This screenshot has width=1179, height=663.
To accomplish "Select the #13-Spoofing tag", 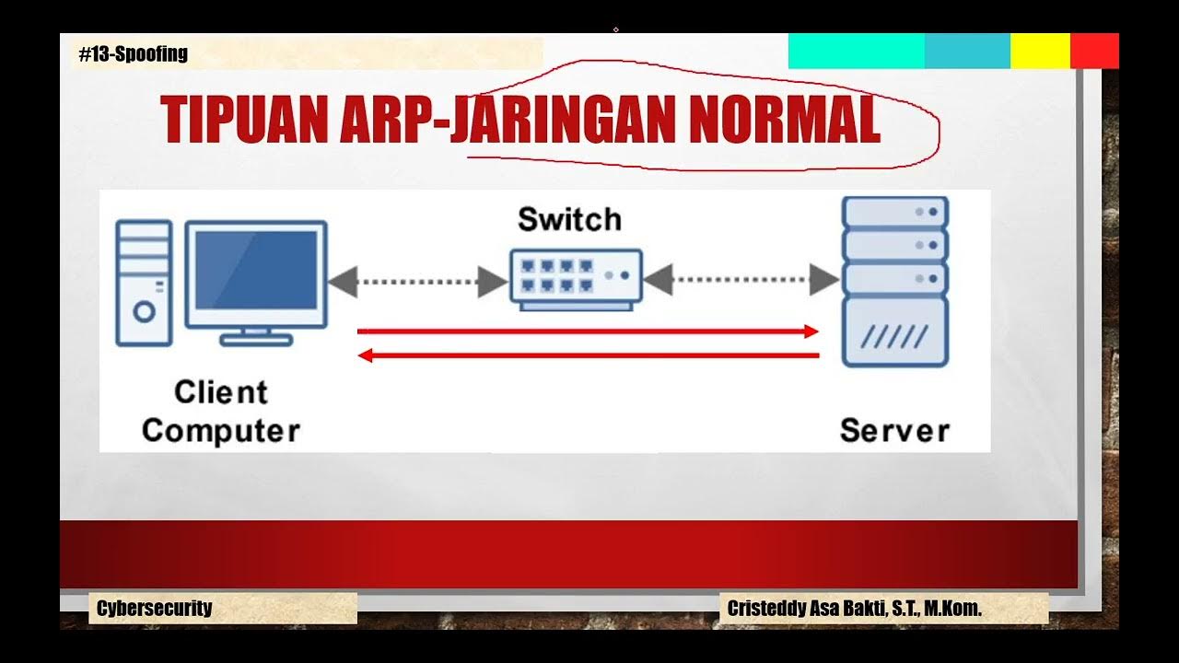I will click(133, 53).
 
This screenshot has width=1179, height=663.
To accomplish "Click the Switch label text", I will click(569, 219).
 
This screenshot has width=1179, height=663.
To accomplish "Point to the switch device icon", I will click(576, 276).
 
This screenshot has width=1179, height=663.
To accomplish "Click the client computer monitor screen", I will click(256, 270).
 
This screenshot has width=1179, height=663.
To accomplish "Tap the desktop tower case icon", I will click(144, 283).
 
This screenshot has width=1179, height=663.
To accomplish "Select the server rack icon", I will click(894, 281).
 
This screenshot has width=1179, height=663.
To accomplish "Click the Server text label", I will click(893, 430).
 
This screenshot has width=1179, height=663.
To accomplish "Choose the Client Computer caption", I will click(221, 412).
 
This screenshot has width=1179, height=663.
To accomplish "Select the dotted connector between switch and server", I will click(741, 279).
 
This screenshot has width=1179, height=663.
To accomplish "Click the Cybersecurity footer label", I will click(154, 608).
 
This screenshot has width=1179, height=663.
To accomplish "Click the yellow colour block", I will click(1040, 51).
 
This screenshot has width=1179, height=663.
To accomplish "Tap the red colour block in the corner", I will click(1094, 51).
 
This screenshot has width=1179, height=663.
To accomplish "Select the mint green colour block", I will click(856, 51).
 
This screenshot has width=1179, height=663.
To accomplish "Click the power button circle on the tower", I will click(144, 311).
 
